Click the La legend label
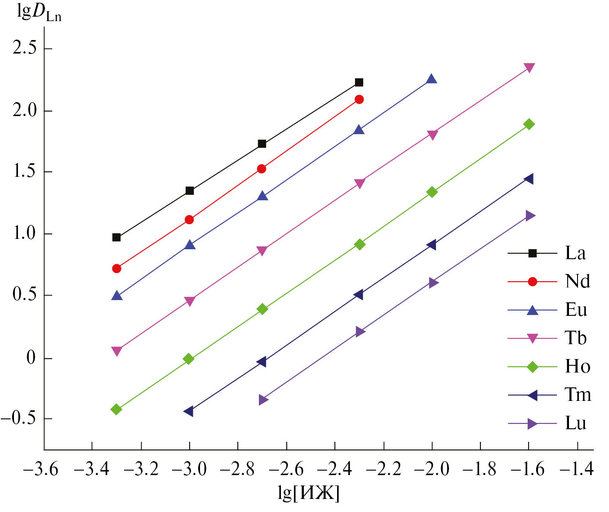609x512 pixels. point(575,253)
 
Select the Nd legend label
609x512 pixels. point(577,282)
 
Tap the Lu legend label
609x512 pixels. point(575,423)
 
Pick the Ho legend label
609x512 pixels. point(577,367)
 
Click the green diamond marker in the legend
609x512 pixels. point(532,367)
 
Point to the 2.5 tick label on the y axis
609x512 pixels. point(25,48)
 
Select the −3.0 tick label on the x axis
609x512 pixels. point(189,469)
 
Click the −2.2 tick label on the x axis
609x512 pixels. point(383,469)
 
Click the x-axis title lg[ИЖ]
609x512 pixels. point(308,493)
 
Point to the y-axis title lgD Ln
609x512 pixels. point(39,13)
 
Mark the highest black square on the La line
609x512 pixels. point(359,82)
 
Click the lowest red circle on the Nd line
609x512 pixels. point(116,269)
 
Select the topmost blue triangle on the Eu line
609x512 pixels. point(431,79)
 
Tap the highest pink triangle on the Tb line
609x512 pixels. point(529,68)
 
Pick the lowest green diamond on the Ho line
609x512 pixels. point(116,409)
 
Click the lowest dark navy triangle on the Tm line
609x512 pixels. point(189,411)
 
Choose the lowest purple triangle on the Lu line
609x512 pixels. point(263,400)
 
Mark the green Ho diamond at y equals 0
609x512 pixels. point(189,359)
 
